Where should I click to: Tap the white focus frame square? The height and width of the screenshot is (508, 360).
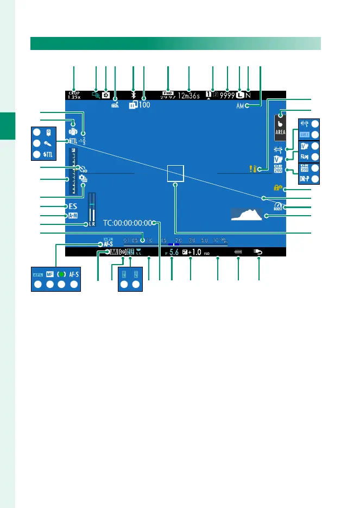click(175, 173)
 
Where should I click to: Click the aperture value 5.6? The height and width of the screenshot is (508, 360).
click(174, 253)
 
